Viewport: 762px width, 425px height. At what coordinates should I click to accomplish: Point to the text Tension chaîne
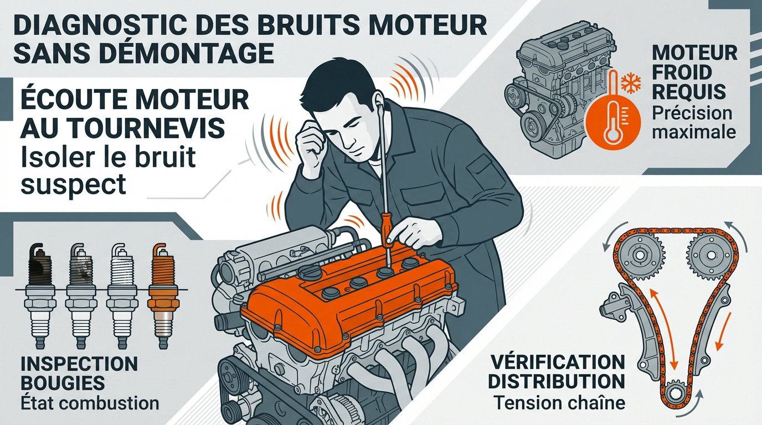pos(559,402)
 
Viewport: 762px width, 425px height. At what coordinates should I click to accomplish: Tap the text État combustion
pos(89,402)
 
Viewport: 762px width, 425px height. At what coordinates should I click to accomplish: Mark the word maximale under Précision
pos(694,132)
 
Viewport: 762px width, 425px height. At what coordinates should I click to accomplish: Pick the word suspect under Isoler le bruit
pos(73,184)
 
